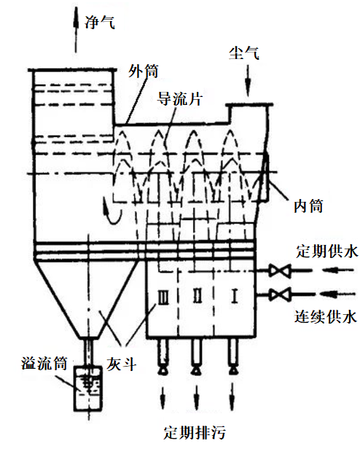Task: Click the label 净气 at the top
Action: tap(100, 22)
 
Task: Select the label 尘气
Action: tap(244, 53)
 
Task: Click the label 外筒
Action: tap(144, 71)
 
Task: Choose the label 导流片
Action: tap(180, 99)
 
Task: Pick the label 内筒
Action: tap(308, 206)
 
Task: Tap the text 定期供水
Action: tap(327, 251)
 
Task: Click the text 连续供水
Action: tap(326, 316)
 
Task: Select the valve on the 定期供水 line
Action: tap(280, 270)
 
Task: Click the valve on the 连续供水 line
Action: tap(280, 294)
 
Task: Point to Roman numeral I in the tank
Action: tap(235, 296)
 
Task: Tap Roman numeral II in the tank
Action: tap(197, 295)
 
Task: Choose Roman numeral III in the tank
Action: tap(163, 297)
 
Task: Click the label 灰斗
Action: tap(122, 364)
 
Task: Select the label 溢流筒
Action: tap(44, 363)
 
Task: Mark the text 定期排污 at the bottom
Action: tap(195, 432)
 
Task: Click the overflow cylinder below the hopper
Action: tap(87, 388)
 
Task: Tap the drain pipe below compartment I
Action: tap(232, 356)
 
